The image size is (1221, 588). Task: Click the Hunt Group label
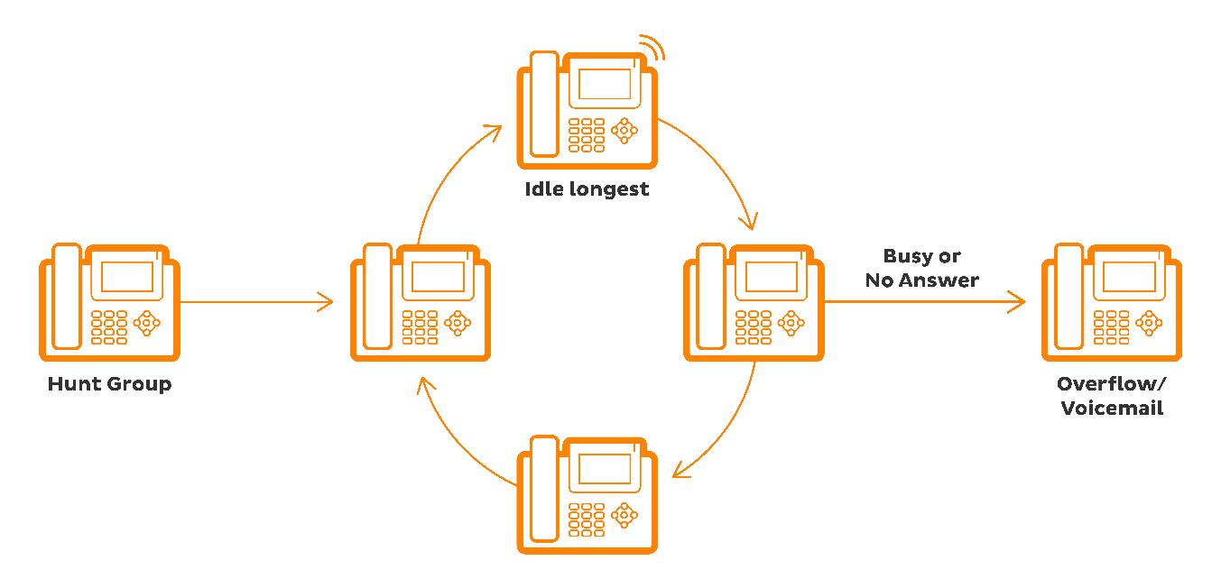tap(109, 384)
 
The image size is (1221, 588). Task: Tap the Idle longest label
tap(587, 190)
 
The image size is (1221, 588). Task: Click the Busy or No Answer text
tap(921, 269)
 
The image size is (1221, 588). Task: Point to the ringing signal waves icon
tap(651, 47)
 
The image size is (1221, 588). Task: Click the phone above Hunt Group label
tap(109, 302)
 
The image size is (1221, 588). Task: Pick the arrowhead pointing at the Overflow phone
tap(1017, 302)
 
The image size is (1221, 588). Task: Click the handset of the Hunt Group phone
tap(67, 298)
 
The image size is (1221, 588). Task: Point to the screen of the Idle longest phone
tap(605, 84)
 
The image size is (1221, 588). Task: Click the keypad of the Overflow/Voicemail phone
tap(1111, 327)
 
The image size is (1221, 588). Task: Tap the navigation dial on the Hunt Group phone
tap(146, 322)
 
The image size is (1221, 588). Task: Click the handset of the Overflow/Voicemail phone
tap(1069, 298)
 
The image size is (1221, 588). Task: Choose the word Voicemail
tap(1112, 409)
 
